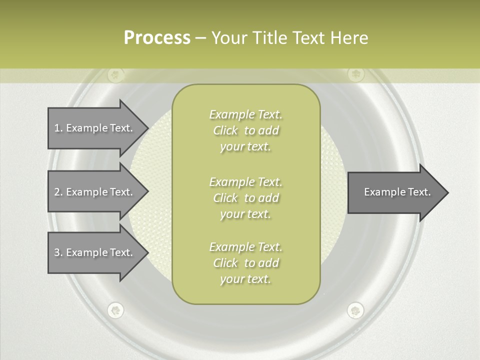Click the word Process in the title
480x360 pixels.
click(x=157, y=38)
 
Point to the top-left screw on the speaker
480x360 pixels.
click(x=115, y=75)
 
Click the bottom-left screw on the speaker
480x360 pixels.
click(x=115, y=310)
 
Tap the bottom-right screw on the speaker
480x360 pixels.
click(x=355, y=310)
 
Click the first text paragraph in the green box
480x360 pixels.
click(x=245, y=130)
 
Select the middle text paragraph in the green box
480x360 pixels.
click(x=245, y=198)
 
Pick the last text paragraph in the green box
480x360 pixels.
click(x=245, y=263)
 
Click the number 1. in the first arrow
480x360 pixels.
click(x=58, y=128)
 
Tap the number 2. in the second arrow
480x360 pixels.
click(x=58, y=192)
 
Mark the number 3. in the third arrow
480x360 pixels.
click(x=58, y=252)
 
